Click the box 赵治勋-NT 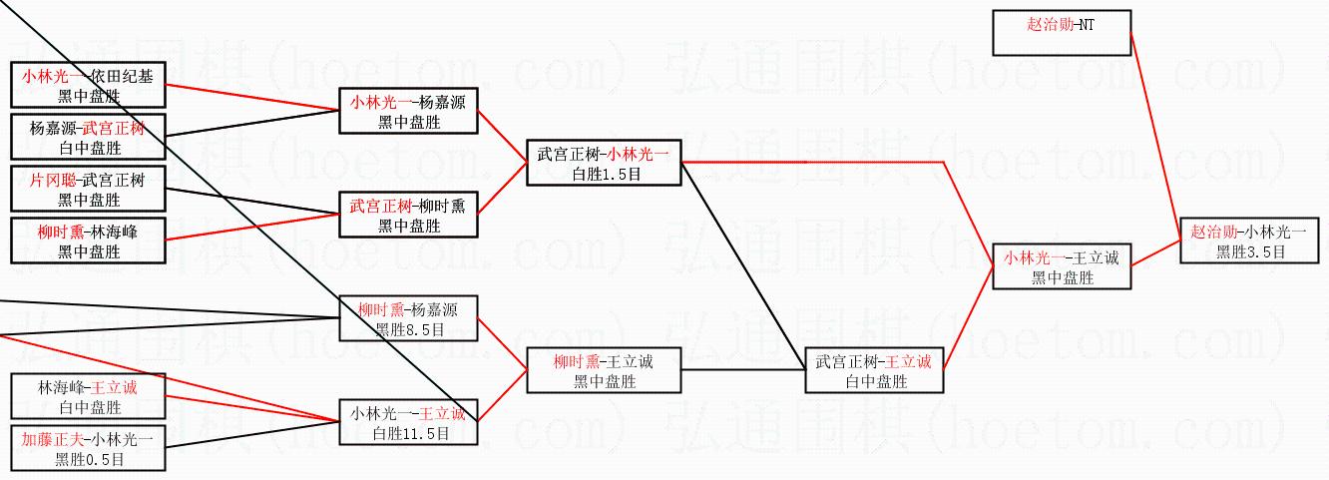(x=1062, y=32)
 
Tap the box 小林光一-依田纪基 (x=88, y=85)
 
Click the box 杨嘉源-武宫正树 (x=88, y=138)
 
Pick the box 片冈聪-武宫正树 (x=88, y=190)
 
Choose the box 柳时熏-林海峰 (x=88, y=241)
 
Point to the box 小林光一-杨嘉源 (x=408, y=111)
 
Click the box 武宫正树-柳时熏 (x=408, y=215)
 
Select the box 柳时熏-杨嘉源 (x=408, y=318)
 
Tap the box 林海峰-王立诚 (x=88, y=396)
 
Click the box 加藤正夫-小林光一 (x=88, y=448)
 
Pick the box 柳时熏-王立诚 (x=603, y=370)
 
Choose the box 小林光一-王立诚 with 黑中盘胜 (x=1062, y=266)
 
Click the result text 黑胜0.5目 (x=89, y=459)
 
